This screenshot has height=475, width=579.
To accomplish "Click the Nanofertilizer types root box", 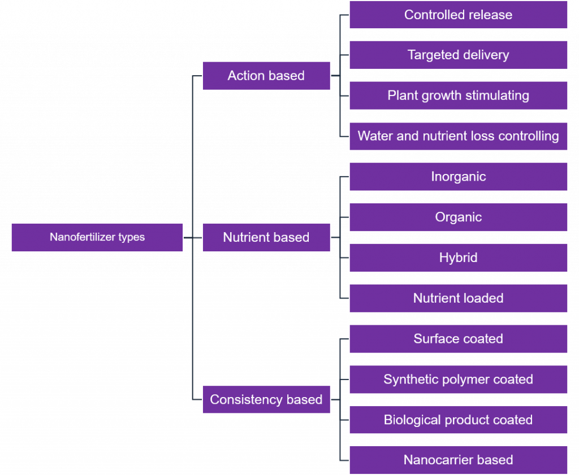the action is [x=97, y=237].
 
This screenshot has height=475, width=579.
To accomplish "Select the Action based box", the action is [x=266, y=76].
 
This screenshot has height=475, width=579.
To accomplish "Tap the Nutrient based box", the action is [x=266, y=237].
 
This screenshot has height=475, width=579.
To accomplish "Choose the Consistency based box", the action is [x=266, y=399].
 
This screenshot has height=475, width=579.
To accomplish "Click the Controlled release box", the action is [x=458, y=15].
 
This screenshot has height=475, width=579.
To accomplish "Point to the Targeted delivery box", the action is [x=458, y=55].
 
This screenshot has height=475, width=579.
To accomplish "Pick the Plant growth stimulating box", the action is [x=458, y=95].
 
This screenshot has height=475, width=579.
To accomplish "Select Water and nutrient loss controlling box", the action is [x=458, y=136].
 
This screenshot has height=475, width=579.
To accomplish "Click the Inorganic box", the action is [x=458, y=177].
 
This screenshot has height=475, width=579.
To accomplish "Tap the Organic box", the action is [x=458, y=217].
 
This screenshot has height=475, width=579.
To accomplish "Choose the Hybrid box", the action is [x=458, y=258].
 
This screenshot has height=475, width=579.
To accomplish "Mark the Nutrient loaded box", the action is [x=458, y=298].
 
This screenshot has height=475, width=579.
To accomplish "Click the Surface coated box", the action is [x=458, y=339].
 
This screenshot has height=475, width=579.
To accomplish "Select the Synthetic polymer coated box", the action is [x=458, y=380].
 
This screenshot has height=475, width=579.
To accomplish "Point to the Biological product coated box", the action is [x=458, y=420].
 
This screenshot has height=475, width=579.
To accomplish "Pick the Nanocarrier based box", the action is [x=458, y=460].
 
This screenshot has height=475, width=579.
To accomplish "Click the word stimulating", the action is [x=498, y=95].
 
